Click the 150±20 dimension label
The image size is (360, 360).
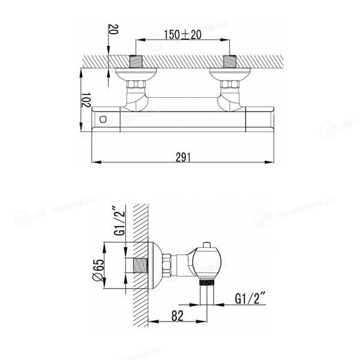coord(182,34)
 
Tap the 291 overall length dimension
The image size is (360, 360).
coord(183,157)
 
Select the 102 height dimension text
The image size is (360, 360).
coord(86,100)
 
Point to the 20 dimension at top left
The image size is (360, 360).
coord(113,29)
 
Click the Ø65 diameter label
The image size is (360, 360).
coord(98,270)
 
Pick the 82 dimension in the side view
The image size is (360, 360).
coord(177,316)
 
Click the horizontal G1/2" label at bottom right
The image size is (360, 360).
coord(250,298)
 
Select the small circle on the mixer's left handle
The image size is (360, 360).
coord(103,119)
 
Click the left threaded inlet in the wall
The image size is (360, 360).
coord(136,62)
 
